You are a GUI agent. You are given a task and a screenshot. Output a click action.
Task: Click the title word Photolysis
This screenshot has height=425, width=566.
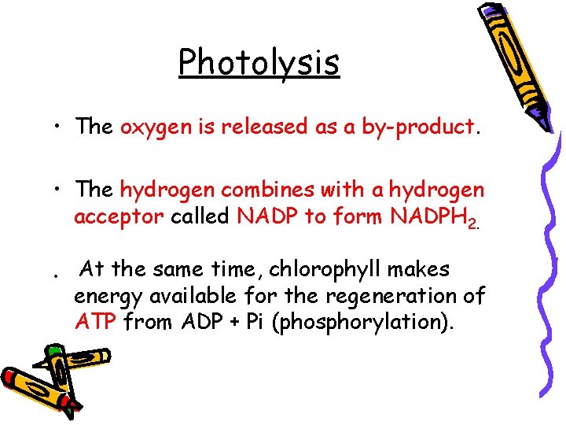pyautogui.click(x=259, y=63)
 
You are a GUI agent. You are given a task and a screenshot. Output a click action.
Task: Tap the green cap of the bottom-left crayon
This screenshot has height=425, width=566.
pyautogui.click(x=53, y=351)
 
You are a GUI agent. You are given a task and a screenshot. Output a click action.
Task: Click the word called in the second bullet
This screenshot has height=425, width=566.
pyautogui.click(x=201, y=216)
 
